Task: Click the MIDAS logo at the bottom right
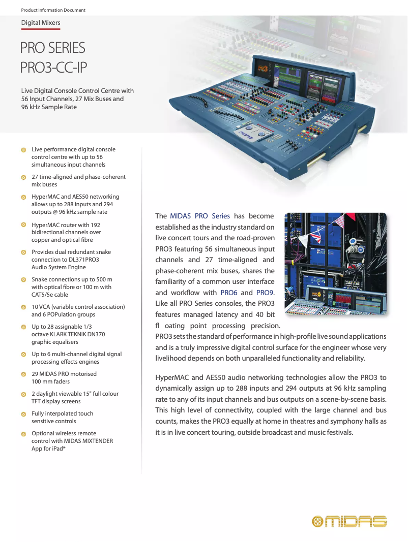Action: click(x=349, y=521)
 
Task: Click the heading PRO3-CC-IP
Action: click(x=56, y=67)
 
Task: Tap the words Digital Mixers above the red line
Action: click(x=41, y=23)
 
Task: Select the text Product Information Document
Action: click(x=53, y=10)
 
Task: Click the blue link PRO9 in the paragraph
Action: click(x=265, y=293)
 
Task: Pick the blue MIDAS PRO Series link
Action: click(x=200, y=216)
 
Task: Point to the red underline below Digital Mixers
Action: click(x=41, y=29)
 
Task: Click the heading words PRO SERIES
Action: click(x=52, y=48)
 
